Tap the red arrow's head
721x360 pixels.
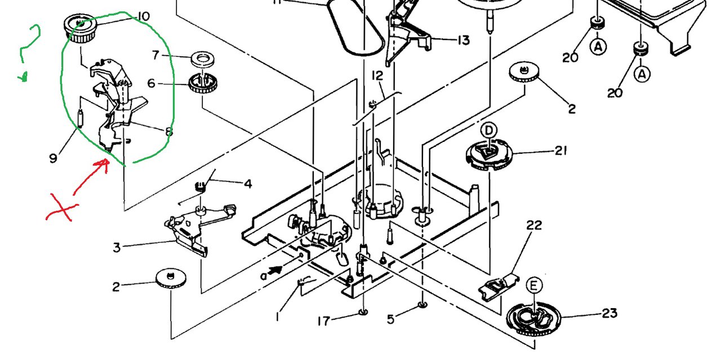click(103, 164)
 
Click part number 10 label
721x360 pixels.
click(144, 16)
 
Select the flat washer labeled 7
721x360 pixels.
click(203, 59)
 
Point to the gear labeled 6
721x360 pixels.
click(203, 83)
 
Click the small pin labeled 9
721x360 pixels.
click(81, 118)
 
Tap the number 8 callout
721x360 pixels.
click(168, 132)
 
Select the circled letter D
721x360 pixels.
click(488, 131)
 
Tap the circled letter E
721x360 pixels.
click(533, 285)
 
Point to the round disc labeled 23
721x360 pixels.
click(533, 319)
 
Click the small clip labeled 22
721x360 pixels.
click(499, 287)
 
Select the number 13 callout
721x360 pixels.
click(464, 40)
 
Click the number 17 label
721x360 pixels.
click(324, 321)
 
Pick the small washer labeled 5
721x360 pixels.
click(422, 304)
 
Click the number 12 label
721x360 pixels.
click(377, 75)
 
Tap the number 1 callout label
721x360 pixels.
click(277, 318)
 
